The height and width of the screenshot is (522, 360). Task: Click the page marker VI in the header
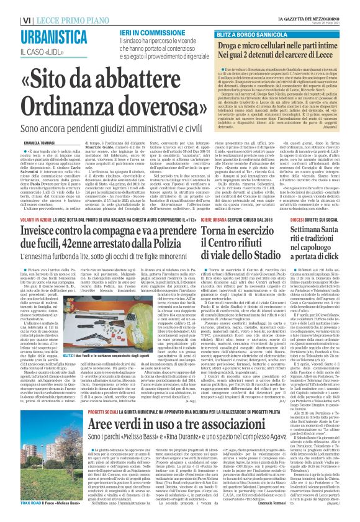coord(11,6)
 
